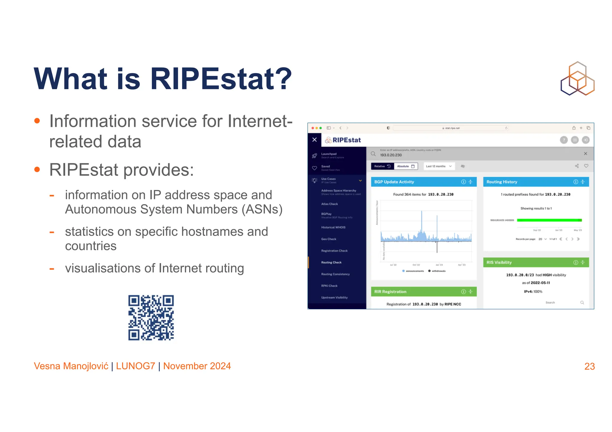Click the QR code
pyautogui.click(x=151, y=318)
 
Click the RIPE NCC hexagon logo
pyautogui.click(x=577, y=79)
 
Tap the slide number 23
pyautogui.click(x=589, y=366)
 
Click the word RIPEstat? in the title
pyautogui.click(x=221, y=79)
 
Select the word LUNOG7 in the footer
pyautogui.click(x=135, y=366)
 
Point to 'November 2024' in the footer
pyautogui.click(x=197, y=366)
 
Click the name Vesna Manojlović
pyautogui.click(x=71, y=366)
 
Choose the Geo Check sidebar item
pyautogui.click(x=329, y=239)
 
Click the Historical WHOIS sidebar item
pyautogui.click(x=333, y=227)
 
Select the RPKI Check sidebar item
pyautogui.click(x=329, y=286)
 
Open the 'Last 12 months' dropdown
pyautogui.click(x=439, y=166)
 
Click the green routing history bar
pyautogui.click(x=549, y=220)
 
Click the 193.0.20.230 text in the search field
pyautogui.click(x=391, y=155)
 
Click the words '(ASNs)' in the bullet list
pyautogui.click(x=262, y=209)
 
